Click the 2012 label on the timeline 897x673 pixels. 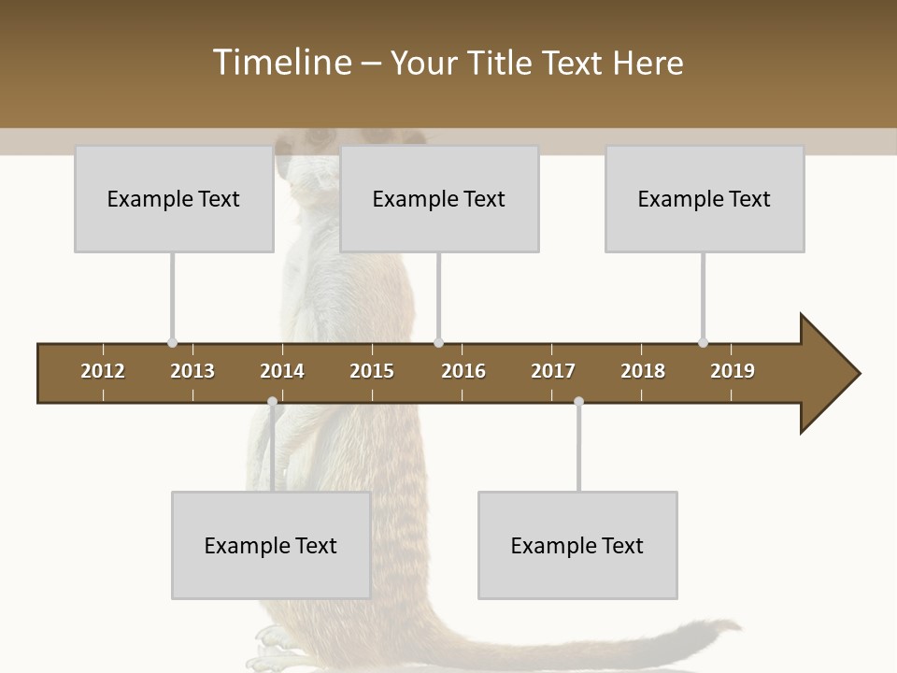tap(103, 371)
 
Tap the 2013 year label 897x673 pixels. tap(192, 371)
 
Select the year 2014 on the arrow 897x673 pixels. tap(282, 371)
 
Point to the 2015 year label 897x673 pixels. tap(372, 371)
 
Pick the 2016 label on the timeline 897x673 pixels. tap(463, 371)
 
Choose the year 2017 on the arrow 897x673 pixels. tap(553, 371)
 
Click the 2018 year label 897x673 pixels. tap(643, 371)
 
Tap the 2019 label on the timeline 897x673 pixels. tap(733, 371)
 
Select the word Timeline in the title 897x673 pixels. tap(280, 63)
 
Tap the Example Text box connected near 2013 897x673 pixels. tap(174, 198)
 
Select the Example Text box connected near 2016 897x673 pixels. tap(439, 198)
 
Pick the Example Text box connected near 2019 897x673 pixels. tap(705, 198)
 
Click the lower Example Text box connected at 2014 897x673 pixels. tap(271, 545)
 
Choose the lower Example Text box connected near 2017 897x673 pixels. tap(577, 545)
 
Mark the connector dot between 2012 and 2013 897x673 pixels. tap(172, 343)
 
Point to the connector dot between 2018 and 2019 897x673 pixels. tap(703, 343)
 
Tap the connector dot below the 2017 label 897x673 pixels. tap(578, 402)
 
